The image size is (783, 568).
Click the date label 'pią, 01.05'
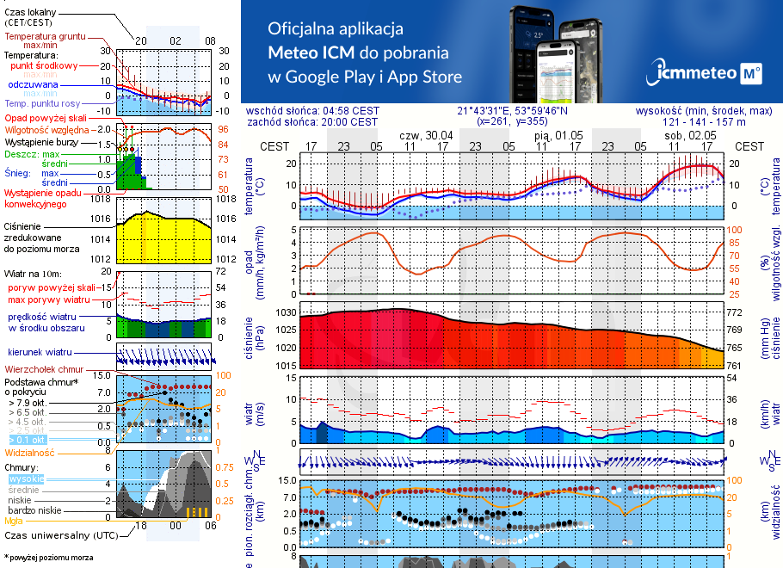[558, 135]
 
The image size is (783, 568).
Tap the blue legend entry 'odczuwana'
[33, 85]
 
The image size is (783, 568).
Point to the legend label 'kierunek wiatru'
[40, 353]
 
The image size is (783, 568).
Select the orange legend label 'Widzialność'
[29, 452]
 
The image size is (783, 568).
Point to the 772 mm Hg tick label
[737, 312]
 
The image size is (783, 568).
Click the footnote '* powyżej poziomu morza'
[48, 558]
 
